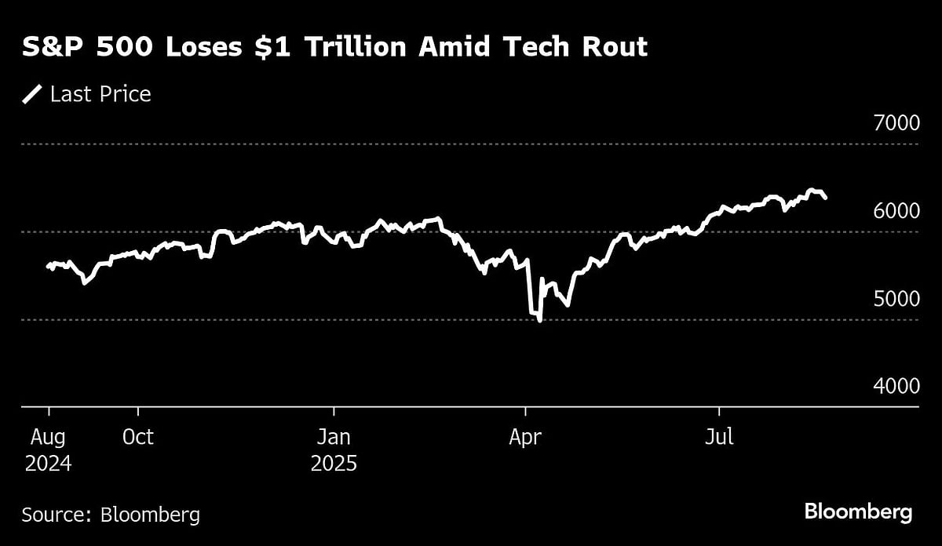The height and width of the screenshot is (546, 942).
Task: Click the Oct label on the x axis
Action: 139,437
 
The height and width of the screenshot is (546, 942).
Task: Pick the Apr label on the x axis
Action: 525,437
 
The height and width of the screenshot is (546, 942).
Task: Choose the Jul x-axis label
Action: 719,437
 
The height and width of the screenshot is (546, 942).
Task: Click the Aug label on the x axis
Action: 49,437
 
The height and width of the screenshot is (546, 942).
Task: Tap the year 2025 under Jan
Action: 334,463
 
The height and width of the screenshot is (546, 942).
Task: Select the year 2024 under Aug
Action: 49,463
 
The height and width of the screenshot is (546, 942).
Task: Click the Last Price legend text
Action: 100,95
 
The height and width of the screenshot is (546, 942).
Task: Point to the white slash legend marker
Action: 32,95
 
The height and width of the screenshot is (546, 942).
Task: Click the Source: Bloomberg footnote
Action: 111,515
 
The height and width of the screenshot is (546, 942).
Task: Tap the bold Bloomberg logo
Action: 858,513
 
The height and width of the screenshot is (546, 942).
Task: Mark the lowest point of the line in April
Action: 539,321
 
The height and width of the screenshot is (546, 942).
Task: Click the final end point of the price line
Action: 825,198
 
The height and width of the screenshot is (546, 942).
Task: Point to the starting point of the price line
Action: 48,266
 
